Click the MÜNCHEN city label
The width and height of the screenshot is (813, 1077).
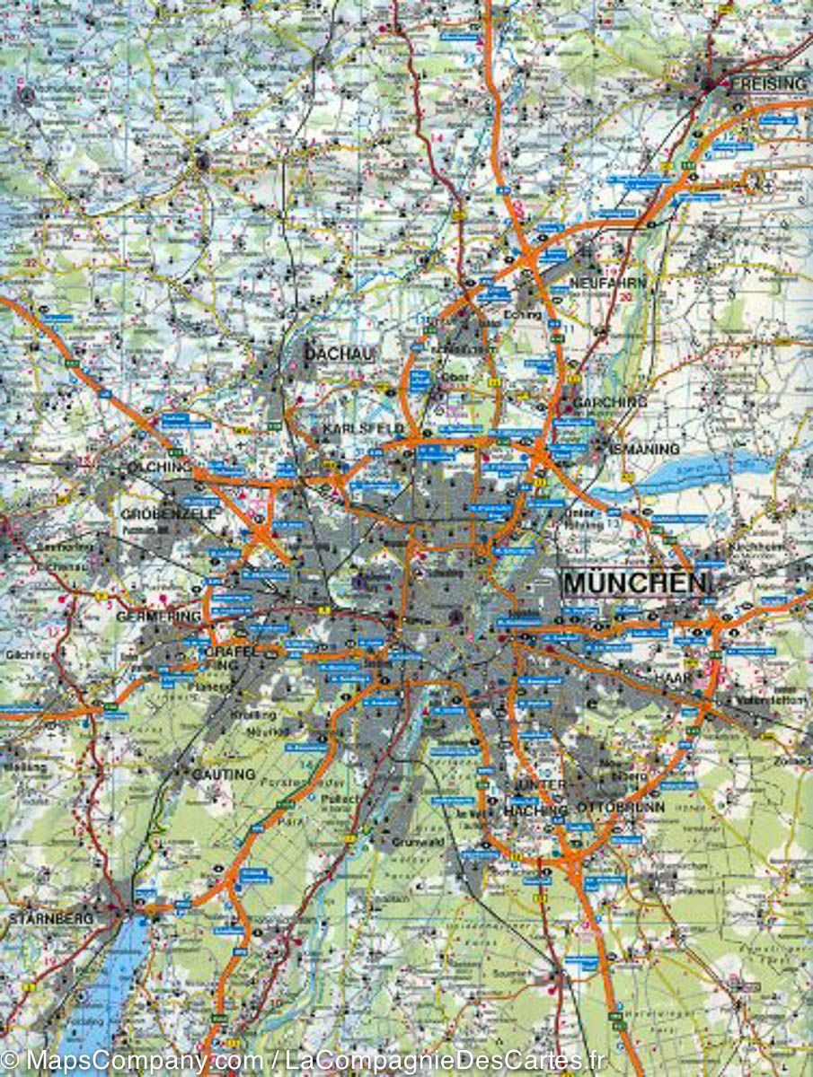point(635,582)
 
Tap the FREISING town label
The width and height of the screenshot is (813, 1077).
point(769,84)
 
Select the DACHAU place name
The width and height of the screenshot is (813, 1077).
point(338,355)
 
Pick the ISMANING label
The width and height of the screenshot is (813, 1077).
point(644,448)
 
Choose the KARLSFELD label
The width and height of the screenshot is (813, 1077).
point(366,428)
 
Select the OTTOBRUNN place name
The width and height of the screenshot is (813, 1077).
point(608,806)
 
